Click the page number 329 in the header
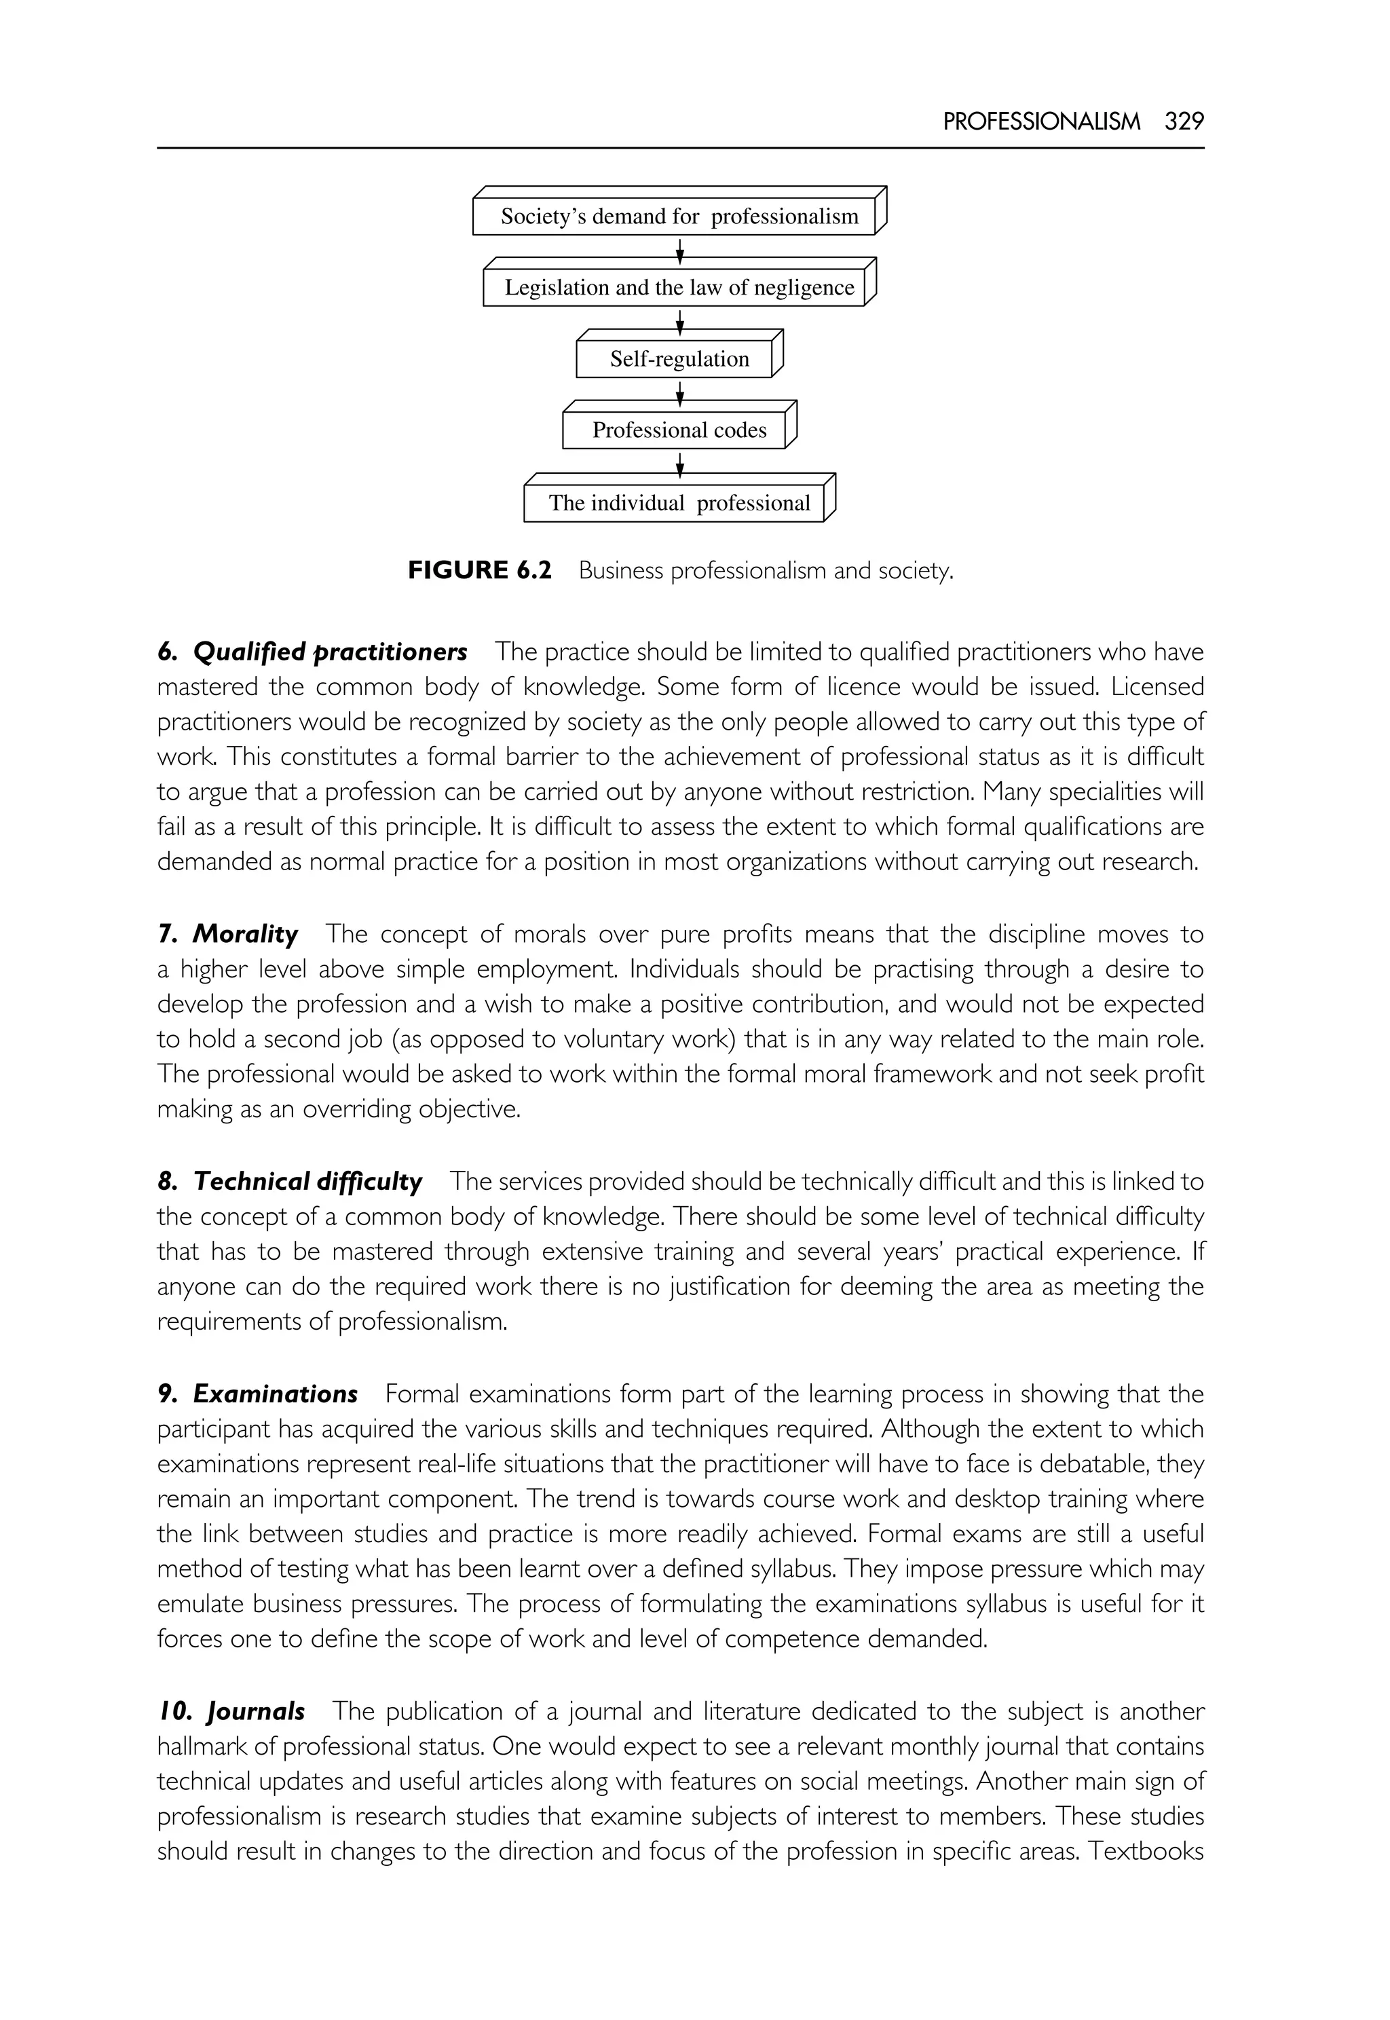pyautogui.click(x=1184, y=122)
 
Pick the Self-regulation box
pyautogui.click(x=679, y=360)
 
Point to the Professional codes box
pyautogui.click(x=679, y=430)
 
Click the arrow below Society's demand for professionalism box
pyautogui.click(x=680, y=252)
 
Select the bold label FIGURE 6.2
pyautogui.click(x=480, y=571)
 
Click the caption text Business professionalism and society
pyautogui.click(x=766, y=572)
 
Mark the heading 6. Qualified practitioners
pyautogui.click(x=313, y=652)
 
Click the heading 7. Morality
pyautogui.click(x=228, y=934)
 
